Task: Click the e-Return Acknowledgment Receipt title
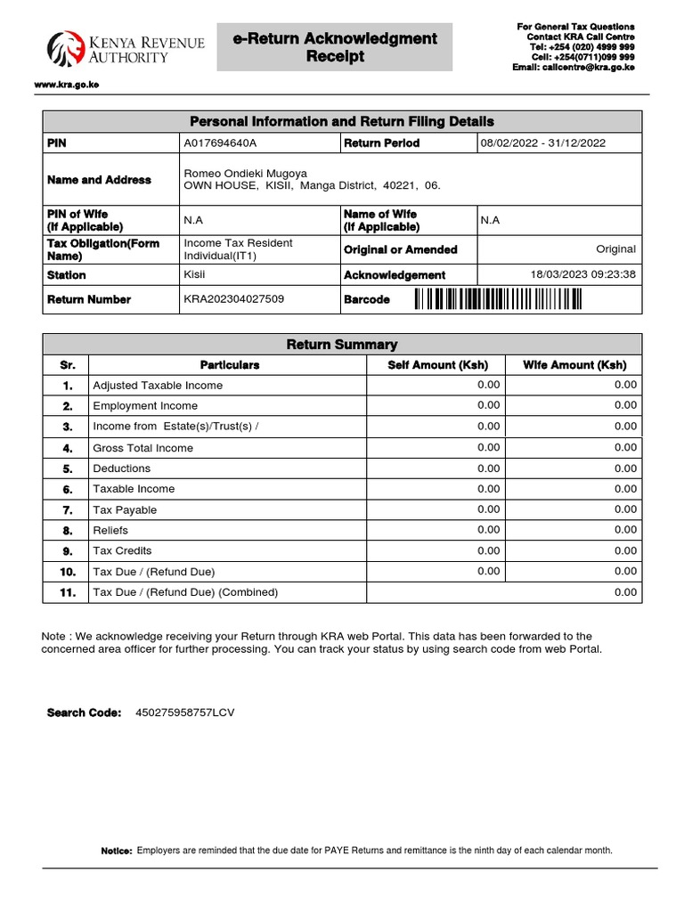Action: (335, 47)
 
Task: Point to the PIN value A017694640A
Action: (220, 143)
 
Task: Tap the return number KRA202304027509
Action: (234, 299)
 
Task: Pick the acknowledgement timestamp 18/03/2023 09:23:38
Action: (583, 274)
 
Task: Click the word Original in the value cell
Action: (615, 249)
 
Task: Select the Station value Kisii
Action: (195, 275)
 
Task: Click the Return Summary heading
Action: (342, 345)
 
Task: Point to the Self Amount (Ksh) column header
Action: (436, 365)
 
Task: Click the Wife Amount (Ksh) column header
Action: (574, 365)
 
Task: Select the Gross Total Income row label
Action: (142, 448)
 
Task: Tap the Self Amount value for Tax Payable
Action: (488, 509)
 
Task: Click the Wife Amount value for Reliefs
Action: (625, 530)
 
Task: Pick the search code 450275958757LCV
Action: (185, 712)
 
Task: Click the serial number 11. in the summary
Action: (68, 592)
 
